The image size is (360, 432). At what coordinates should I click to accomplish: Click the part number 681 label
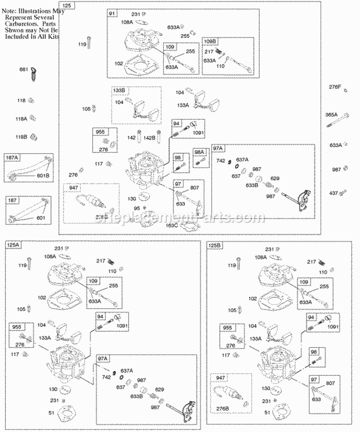pyautogui.click(x=23, y=70)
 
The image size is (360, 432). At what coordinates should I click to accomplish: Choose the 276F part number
pyautogui.click(x=334, y=87)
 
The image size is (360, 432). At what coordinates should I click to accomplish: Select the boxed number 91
pyautogui.click(x=112, y=13)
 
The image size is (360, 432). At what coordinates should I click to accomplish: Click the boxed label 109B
pyautogui.click(x=210, y=42)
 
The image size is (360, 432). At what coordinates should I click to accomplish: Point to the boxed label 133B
pyautogui.click(x=119, y=90)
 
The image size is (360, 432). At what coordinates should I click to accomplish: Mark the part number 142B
pyautogui.click(x=149, y=138)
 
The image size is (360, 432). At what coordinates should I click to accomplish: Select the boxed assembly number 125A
pyautogui.click(x=13, y=244)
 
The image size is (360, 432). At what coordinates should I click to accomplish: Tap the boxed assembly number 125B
pyautogui.click(x=214, y=245)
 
